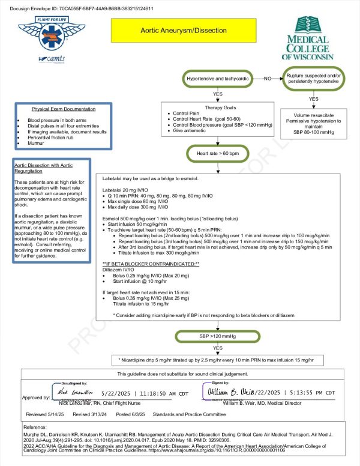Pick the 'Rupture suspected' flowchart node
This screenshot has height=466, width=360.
(x=313, y=79)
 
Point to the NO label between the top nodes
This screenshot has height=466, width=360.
(x=268, y=79)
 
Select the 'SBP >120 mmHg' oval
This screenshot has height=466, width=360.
(x=217, y=337)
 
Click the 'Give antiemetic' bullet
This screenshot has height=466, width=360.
(x=195, y=130)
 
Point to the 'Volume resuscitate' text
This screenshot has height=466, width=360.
(x=313, y=115)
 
